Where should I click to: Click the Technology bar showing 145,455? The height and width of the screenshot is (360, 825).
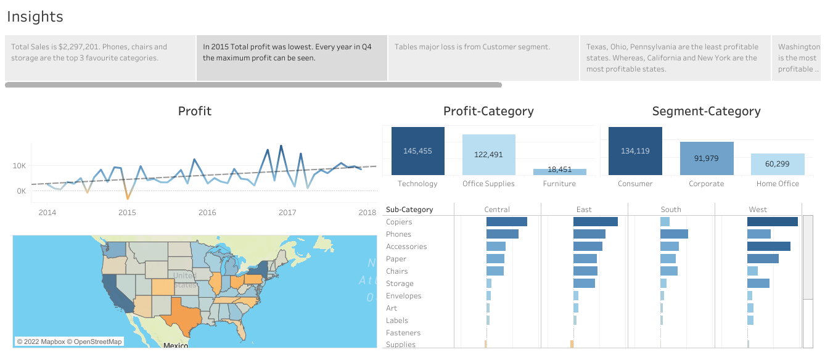click(x=417, y=151)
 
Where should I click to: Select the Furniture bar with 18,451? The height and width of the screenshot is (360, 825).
click(x=559, y=172)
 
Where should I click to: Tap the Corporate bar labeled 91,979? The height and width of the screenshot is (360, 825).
click(x=706, y=159)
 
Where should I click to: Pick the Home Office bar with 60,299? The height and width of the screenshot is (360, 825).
click(x=777, y=165)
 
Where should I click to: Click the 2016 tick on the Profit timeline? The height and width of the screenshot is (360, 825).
click(x=207, y=213)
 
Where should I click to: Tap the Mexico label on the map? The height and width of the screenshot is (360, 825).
click(x=175, y=346)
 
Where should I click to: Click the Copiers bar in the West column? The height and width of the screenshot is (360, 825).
click(x=772, y=222)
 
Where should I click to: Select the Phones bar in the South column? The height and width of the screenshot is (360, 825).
click(x=674, y=234)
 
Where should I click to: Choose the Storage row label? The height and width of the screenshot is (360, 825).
click(x=400, y=284)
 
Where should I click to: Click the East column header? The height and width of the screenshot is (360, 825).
click(x=584, y=210)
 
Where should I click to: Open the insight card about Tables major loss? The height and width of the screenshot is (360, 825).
click(x=483, y=58)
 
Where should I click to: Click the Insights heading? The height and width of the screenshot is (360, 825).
click(x=35, y=17)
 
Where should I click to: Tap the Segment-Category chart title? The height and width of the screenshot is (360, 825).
click(x=706, y=112)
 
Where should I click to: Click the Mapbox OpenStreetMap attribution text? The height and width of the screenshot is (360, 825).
click(x=69, y=342)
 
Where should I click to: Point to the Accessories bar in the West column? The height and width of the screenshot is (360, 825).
click(x=768, y=247)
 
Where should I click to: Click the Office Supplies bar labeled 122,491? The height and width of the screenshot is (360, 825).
click(x=488, y=155)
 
